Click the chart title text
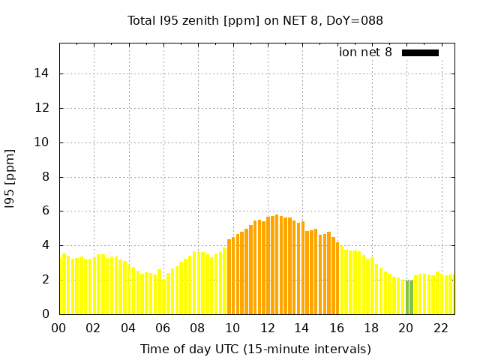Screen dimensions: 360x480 [255, 20]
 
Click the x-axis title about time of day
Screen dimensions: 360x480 [255, 349]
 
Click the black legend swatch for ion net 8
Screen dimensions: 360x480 [420, 52]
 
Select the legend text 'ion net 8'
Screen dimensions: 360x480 [365, 52]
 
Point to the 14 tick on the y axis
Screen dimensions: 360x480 [43, 73]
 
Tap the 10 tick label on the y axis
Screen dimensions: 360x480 [43, 142]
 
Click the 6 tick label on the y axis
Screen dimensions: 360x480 [46, 211]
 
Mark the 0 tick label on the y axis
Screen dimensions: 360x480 [46, 314]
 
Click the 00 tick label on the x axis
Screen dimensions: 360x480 [59, 328]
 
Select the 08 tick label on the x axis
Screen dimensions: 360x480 [197, 328]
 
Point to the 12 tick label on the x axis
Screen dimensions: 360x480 [267, 328]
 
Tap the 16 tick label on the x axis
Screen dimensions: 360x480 [336, 328]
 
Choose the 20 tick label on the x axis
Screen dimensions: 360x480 [405, 328]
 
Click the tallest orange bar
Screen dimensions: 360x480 [277, 262]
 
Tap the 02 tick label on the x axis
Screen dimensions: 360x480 [94, 328]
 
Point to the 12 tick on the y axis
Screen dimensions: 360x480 [43, 108]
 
